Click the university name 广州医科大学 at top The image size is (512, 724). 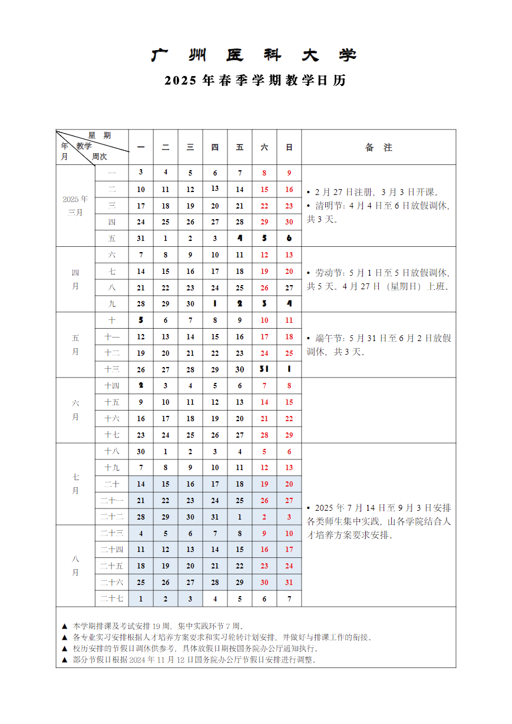point(255,56)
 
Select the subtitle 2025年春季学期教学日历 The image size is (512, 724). point(255,81)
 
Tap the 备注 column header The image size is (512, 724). point(378,147)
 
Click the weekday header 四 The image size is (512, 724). point(215,147)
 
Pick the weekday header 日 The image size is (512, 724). point(289,147)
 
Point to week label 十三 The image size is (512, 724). point(112,369)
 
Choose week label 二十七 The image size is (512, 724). point(112,599)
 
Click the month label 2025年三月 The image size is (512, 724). point(75,205)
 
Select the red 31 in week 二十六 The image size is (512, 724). point(289,582)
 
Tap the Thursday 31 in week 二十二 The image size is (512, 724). point(215,517)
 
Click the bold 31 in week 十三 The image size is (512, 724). point(265,369)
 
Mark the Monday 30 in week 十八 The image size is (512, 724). point(141,451)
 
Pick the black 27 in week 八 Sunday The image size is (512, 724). point(289,287)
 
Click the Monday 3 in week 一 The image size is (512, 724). point(141,173)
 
